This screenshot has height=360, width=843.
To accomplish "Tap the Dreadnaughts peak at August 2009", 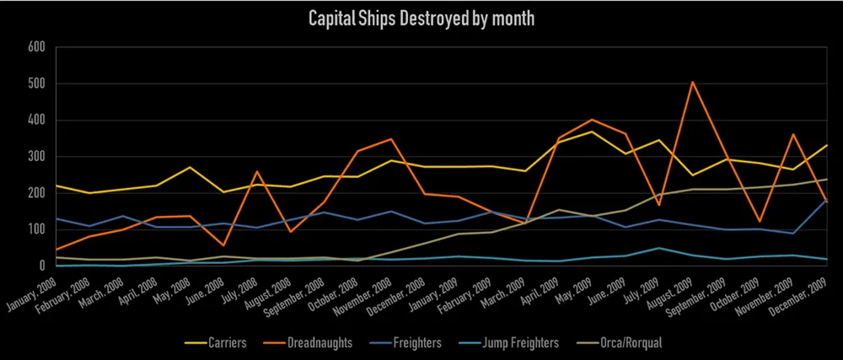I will click(x=692, y=82).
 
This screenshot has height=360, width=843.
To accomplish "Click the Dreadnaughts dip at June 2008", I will click(x=223, y=245).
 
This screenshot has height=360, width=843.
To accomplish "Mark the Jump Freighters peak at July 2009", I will click(x=660, y=248).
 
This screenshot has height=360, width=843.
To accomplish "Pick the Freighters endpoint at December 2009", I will click(x=825, y=199).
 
